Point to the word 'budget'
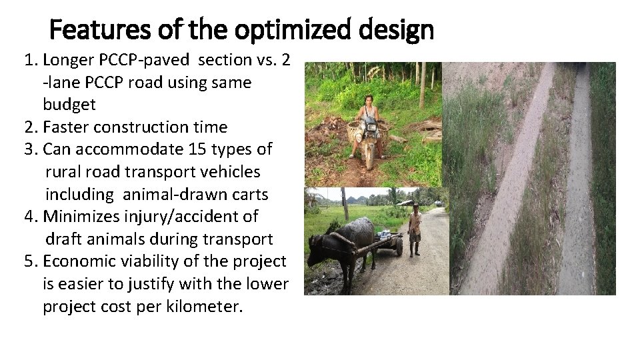[x=69, y=105]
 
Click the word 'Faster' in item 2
[x=65, y=127]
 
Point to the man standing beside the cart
[x=415, y=230]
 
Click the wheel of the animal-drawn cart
[x=399, y=246]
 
